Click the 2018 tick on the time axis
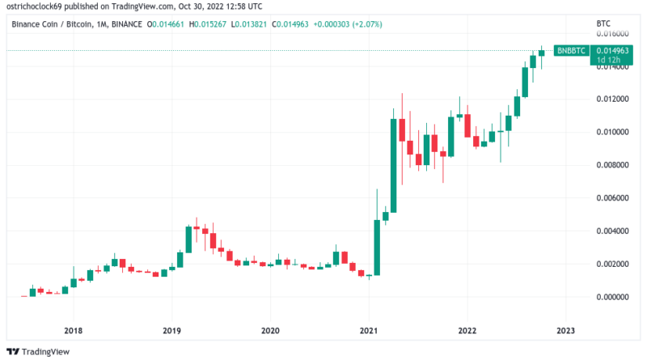(x=73, y=329)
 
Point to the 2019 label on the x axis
(x=171, y=329)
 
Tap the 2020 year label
(x=270, y=329)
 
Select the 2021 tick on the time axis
(x=369, y=329)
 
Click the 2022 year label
(x=467, y=329)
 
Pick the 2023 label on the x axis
(x=566, y=329)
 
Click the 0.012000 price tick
(x=611, y=100)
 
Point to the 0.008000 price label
(x=611, y=165)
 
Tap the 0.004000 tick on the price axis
(x=611, y=231)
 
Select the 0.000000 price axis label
(x=611, y=297)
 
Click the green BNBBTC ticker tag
(x=572, y=50)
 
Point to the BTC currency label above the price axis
(x=602, y=23)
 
